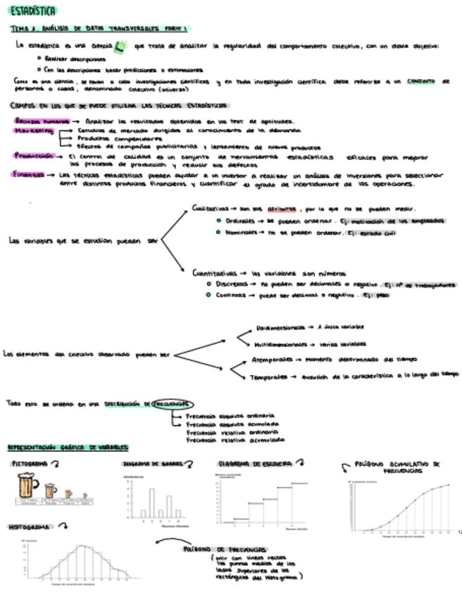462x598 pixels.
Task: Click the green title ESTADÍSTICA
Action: point(34,11)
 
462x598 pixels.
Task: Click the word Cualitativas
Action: point(210,209)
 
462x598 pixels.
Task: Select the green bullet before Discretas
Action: point(208,284)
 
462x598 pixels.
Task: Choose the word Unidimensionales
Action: point(280,328)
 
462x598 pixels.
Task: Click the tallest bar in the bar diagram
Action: point(151,503)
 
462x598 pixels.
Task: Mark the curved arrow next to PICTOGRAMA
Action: point(56,464)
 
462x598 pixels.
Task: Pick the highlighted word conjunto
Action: point(420,81)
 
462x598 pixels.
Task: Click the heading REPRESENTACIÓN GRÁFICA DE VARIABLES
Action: point(68,448)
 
